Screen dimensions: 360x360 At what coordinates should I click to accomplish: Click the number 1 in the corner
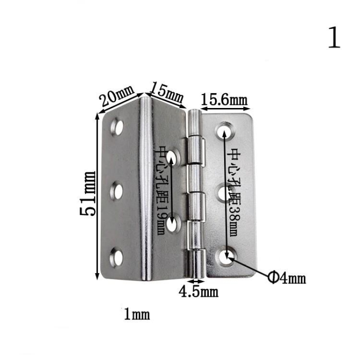(334, 38)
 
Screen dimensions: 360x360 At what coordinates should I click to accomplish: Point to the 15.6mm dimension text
(224, 99)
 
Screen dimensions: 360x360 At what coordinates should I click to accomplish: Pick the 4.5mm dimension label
(198, 292)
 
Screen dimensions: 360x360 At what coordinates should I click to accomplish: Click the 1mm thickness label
(137, 314)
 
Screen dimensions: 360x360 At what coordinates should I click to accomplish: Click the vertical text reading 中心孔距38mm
(234, 192)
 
